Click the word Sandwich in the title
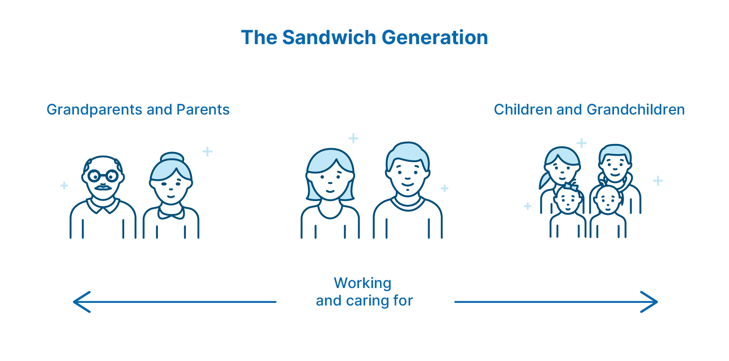[x=329, y=38]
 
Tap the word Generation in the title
[x=435, y=38]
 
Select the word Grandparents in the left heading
[x=94, y=110]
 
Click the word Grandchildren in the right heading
[x=635, y=109]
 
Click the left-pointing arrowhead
[x=82, y=302]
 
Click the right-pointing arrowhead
[x=649, y=302]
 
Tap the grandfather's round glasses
[x=103, y=176]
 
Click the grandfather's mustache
[x=103, y=187]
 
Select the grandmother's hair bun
[x=172, y=157]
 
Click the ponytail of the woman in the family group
[x=544, y=181]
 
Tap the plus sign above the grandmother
[x=207, y=152]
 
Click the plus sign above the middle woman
[x=353, y=139]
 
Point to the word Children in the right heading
[x=523, y=109]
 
